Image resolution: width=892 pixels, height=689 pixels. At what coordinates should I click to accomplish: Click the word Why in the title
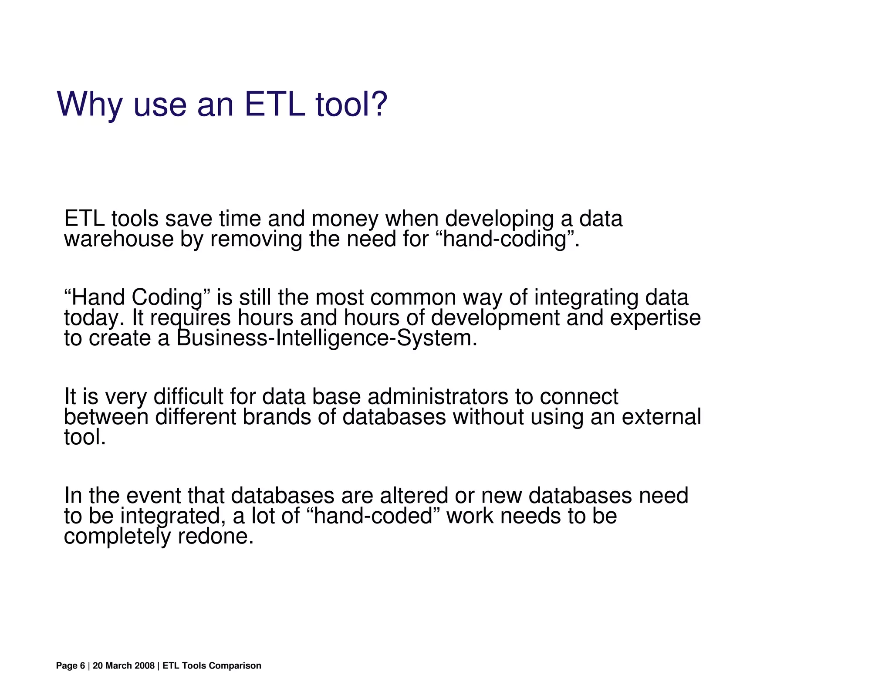(89, 105)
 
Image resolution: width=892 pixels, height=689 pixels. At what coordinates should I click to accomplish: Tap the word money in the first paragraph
(345, 219)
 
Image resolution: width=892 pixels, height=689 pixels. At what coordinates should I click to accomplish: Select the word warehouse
(118, 239)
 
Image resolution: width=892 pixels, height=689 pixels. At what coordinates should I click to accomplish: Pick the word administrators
(438, 397)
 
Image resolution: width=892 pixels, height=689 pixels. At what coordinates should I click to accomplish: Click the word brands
(276, 417)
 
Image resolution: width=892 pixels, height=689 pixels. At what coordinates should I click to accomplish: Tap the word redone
(215, 536)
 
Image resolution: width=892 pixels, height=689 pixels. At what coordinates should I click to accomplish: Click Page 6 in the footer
(70, 665)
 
